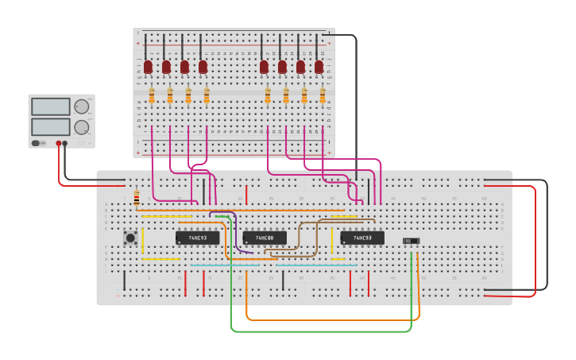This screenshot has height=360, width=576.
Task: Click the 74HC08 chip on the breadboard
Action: [x=265, y=238]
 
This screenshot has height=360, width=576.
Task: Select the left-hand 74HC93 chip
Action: [x=197, y=238]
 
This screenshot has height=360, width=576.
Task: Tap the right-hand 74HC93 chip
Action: [x=362, y=238]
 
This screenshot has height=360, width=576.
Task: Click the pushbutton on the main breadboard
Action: [x=130, y=237]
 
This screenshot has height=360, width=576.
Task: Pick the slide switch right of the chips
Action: [x=411, y=241]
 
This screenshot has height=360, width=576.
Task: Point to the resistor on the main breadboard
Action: [x=137, y=198]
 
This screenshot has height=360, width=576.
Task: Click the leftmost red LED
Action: [x=148, y=67]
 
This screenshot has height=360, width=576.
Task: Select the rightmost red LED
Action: [x=319, y=67]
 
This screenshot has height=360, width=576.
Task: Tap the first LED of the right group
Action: [x=264, y=67]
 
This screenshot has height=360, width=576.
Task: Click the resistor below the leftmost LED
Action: [x=152, y=96]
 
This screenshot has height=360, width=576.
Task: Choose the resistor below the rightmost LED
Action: [x=323, y=96]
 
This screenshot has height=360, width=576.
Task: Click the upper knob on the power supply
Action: [x=82, y=106]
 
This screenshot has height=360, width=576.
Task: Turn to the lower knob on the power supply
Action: [x=82, y=127]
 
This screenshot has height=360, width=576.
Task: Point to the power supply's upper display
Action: [x=51, y=106]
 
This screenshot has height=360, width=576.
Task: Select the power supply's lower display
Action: [x=51, y=126]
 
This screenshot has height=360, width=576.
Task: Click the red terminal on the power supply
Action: [x=58, y=144]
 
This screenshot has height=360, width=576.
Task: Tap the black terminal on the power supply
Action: [x=65, y=144]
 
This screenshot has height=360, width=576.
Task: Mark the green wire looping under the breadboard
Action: [x=318, y=331]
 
